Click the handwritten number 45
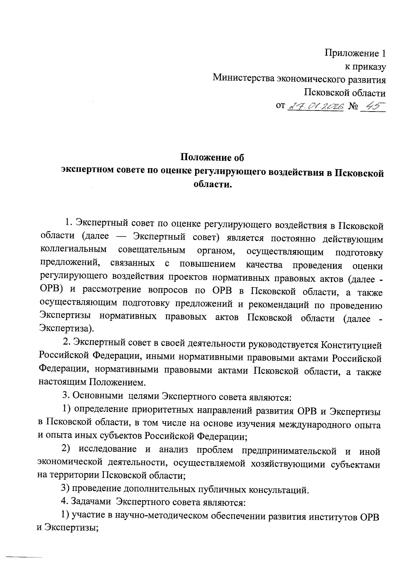click(373, 106)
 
